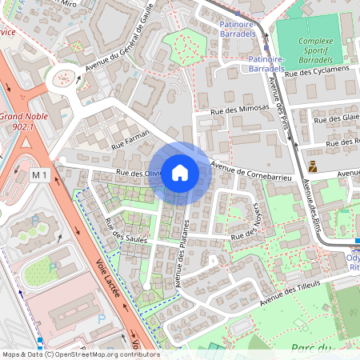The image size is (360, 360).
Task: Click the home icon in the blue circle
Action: pos(180,173)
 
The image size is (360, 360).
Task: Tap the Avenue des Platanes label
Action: pos(182,254)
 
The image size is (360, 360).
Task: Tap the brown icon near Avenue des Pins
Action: pos(311,167)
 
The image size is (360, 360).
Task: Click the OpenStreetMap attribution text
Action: pos(80,354)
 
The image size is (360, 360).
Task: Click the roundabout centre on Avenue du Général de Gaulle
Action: pos(63,80)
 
